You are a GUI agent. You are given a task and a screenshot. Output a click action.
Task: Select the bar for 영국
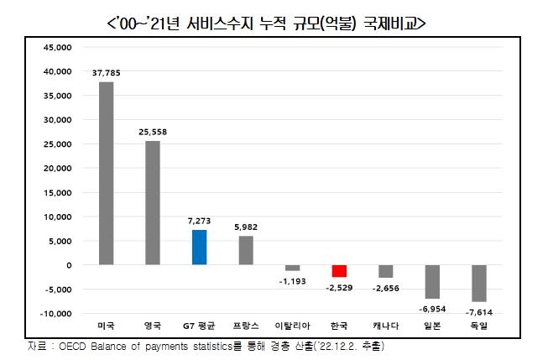[152, 202]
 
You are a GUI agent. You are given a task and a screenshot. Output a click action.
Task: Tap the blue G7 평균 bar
[199, 247]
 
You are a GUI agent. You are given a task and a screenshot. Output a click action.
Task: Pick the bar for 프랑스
[245, 250]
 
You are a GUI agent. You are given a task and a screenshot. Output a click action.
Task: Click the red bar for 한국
[339, 270]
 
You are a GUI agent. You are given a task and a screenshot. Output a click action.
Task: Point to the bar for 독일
[479, 283]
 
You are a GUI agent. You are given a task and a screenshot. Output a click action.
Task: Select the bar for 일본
[432, 281]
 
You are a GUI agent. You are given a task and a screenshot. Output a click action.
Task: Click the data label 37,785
[106, 73]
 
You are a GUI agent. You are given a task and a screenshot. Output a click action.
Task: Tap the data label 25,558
[152, 133]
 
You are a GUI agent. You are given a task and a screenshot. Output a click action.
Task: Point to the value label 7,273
[199, 221]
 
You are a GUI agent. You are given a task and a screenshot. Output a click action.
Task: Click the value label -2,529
[339, 286]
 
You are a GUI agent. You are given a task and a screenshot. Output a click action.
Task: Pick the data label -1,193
[292, 280]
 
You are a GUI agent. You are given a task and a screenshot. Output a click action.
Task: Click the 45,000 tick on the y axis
[58, 48]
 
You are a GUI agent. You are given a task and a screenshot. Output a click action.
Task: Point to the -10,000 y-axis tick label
[56, 314]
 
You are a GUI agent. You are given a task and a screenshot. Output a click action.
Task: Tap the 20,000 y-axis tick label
[58, 169]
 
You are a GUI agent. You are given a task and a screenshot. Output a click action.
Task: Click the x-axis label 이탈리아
[292, 325]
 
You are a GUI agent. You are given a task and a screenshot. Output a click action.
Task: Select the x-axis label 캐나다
[385, 325]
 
